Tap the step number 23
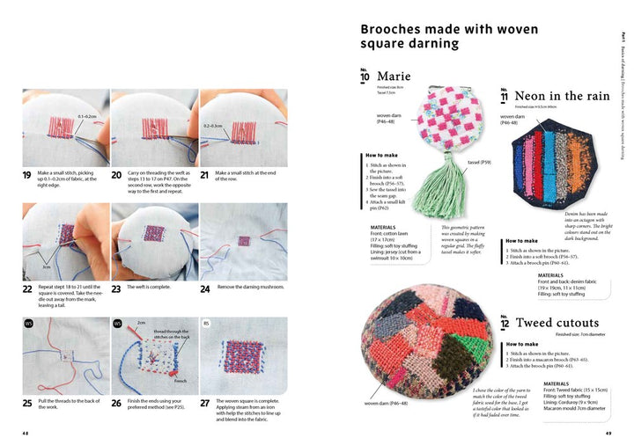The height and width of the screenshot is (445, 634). click(117, 288)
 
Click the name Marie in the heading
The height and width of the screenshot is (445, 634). click(394, 77)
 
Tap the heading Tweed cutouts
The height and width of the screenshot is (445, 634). click(569, 323)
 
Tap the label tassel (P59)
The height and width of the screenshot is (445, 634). click(480, 163)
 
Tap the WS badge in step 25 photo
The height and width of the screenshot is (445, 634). click(28, 323)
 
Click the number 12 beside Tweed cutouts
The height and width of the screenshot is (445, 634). click(505, 324)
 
